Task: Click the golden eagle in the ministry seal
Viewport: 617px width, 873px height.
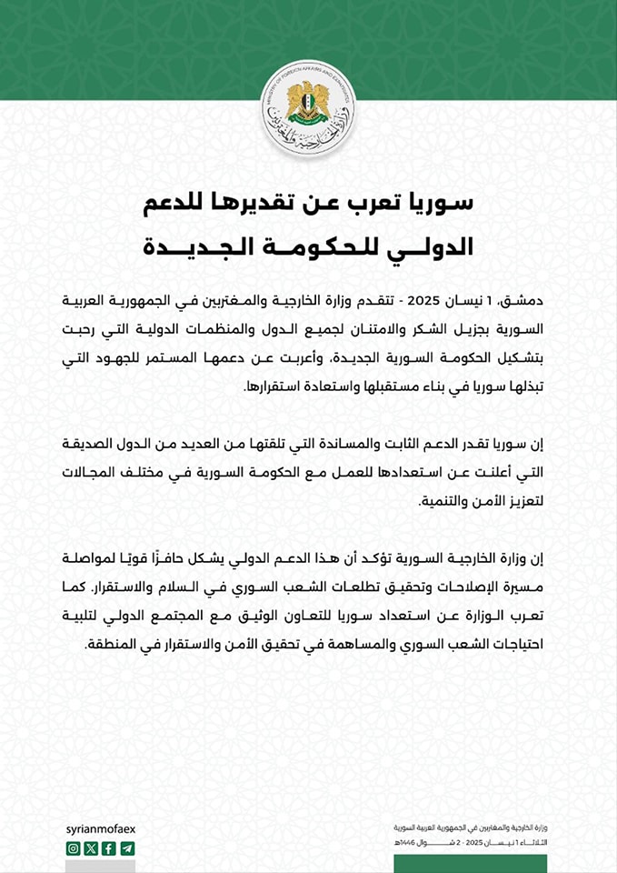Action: (x=307, y=103)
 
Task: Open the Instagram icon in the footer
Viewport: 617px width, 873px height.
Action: (x=74, y=848)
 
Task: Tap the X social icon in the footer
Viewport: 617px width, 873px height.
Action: (x=91, y=848)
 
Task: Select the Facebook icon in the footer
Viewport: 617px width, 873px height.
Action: (x=109, y=848)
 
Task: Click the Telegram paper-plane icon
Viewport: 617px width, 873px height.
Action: (x=127, y=848)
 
